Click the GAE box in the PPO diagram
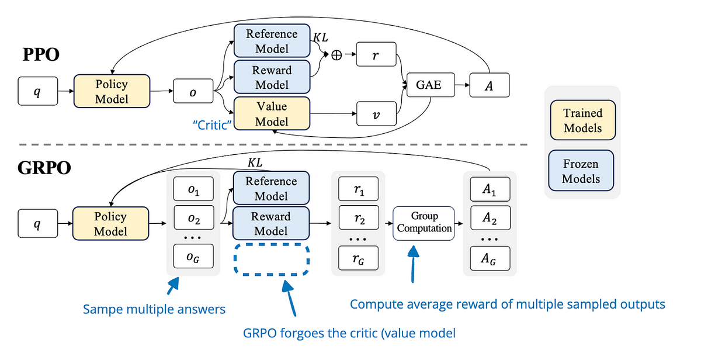[429, 86]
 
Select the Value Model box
[272, 114]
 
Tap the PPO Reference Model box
[272, 41]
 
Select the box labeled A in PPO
[489, 86]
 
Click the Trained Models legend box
[582, 120]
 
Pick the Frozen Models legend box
[582, 171]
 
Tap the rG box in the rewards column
[359, 257]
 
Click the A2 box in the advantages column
[489, 219]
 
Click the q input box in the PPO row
[37, 92]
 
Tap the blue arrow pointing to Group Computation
[413, 263]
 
